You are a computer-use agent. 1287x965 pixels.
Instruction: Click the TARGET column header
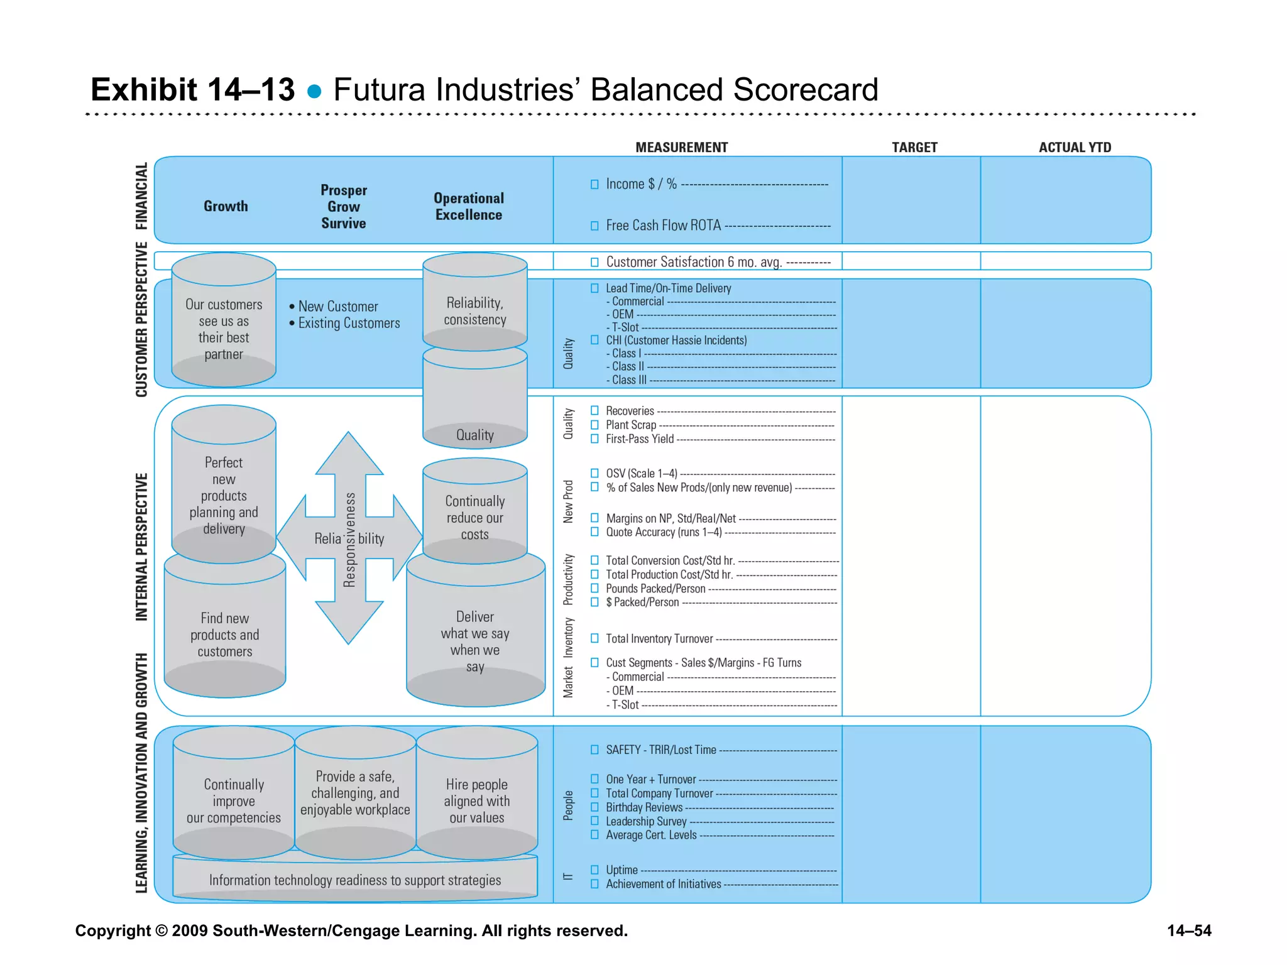914,148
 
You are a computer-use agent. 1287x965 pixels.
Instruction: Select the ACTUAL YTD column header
1075,148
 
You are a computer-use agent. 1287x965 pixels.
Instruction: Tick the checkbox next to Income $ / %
594,184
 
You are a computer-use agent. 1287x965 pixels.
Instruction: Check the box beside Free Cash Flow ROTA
594,226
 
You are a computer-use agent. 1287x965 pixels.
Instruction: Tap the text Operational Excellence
469,206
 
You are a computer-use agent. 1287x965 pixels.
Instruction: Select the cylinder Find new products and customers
225,635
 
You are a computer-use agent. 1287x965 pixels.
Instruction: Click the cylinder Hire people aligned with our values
476,800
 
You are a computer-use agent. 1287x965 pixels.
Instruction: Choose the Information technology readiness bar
355,880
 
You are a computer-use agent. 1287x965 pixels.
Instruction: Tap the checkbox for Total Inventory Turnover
594,638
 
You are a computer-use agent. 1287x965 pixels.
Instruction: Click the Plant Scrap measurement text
630,425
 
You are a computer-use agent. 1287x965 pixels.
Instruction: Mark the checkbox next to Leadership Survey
594,821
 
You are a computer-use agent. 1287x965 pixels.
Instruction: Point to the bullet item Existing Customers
349,323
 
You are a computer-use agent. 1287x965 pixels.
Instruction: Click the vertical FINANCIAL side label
141,196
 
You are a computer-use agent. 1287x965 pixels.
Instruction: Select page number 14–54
1189,930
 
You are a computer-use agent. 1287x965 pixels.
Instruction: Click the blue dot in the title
314,92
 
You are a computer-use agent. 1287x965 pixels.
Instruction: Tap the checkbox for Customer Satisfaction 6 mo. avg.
594,262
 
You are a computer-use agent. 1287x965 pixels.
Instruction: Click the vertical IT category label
568,876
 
